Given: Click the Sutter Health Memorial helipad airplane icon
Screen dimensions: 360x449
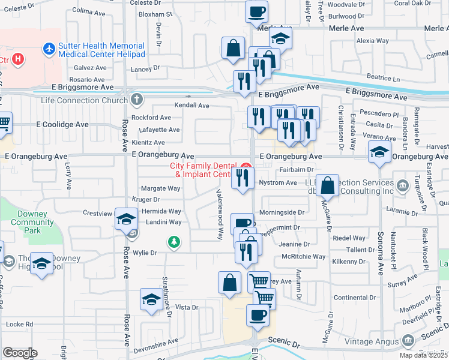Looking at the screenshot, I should (x=49, y=47).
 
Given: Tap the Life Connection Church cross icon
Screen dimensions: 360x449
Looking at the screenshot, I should (x=137, y=99).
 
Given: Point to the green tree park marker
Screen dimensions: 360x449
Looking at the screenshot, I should (x=174, y=242).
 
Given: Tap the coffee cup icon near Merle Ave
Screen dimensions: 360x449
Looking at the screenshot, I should (x=257, y=11).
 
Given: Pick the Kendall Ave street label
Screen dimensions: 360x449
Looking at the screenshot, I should (x=191, y=106).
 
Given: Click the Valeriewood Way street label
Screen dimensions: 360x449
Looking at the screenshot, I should (x=220, y=214).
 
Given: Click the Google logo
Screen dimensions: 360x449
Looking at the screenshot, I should (x=20, y=353).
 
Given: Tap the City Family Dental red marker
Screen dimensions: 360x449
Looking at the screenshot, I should (x=246, y=166).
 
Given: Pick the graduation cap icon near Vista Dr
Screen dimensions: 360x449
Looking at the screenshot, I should (x=151, y=299).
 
